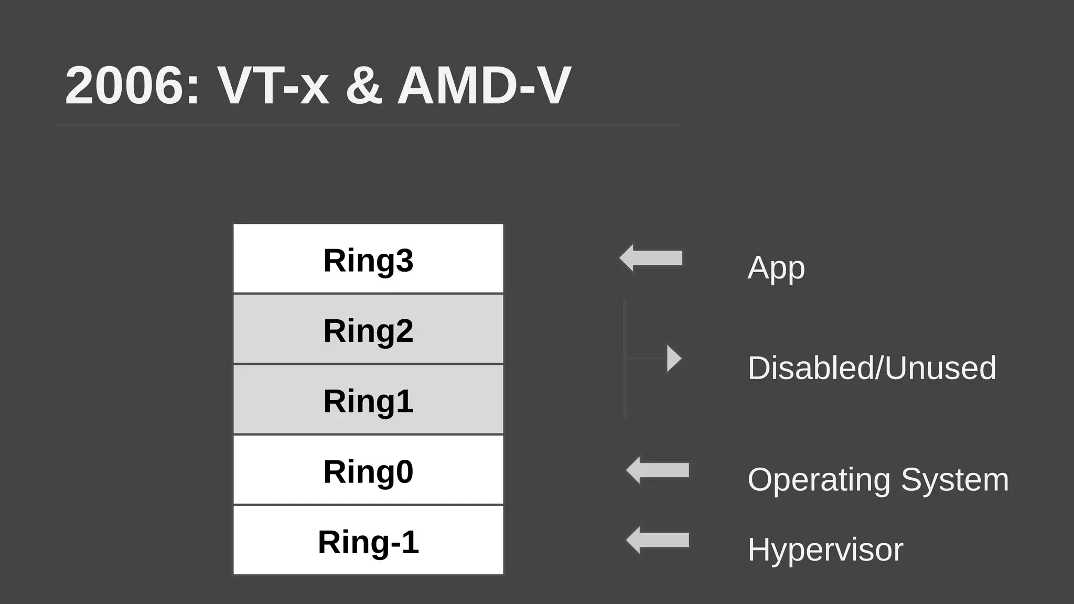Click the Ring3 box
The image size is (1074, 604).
pos(368,258)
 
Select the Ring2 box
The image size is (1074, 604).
pos(368,329)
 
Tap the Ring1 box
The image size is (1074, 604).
pos(368,400)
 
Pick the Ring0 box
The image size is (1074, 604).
pos(368,470)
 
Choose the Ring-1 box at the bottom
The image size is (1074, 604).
pos(368,540)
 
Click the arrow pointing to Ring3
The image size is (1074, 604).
pos(651,258)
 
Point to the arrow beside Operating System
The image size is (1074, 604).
pos(658,470)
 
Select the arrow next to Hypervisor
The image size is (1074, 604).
pos(658,540)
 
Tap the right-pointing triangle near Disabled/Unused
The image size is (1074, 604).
pos(673,359)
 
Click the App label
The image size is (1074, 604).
pos(776,268)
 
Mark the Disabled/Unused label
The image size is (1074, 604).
pos(872,368)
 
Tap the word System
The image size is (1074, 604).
pos(955,480)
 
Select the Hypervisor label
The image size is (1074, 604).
pos(825,550)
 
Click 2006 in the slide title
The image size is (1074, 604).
pos(131,85)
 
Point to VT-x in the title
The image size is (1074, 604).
pos(273,85)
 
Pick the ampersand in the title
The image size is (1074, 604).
pos(363,85)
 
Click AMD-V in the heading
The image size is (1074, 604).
pos(484,85)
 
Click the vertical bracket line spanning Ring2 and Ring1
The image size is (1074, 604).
pos(625,359)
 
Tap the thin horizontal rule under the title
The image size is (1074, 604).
pos(367,125)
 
